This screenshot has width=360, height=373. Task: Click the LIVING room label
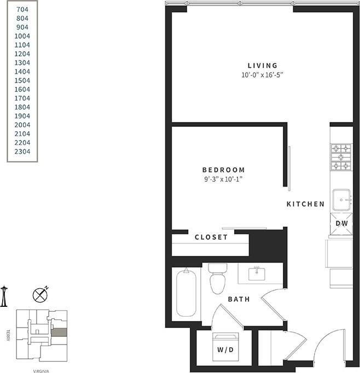[x=262, y=66]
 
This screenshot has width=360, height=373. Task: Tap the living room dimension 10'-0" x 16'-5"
[x=262, y=75]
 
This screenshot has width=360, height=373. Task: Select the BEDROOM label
[x=223, y=170]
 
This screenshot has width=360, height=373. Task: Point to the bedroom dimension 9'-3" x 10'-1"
[x=223, y=179]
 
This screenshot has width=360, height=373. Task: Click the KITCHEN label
[x=306, y=204]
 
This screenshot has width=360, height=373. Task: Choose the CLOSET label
[x=211, y=237]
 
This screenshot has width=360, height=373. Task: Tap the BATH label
[x=239, y=299]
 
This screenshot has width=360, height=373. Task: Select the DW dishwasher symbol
[x=341, y=223]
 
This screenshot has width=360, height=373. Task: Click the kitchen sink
[x=341, y=199]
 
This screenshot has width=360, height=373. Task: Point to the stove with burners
[x=341, y=157]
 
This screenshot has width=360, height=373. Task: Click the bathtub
[x=186, y=293]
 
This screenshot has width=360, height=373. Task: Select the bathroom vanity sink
[x=257, y=273]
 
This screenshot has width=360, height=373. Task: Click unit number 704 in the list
[x=22, y=9]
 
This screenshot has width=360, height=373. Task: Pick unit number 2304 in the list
[x=22, y=151]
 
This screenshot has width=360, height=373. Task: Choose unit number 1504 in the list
[x=22, y=80]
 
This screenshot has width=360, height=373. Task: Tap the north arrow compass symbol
[x=41, y=295]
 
